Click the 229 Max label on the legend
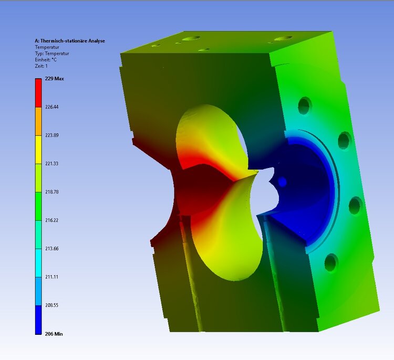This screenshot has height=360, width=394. [x=54, y=79]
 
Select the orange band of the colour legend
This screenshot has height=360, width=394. [x=38, y=121]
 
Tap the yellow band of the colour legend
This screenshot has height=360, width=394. [x=38, y=150]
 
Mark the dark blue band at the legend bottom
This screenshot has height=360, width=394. [x=38, y=320]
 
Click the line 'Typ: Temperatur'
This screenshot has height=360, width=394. [x=52, y=54]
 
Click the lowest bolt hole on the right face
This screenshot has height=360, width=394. [x=331, y=262]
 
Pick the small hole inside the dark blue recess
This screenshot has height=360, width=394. [x=282, y=182]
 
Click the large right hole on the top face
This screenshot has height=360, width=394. [x=284, y=38]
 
